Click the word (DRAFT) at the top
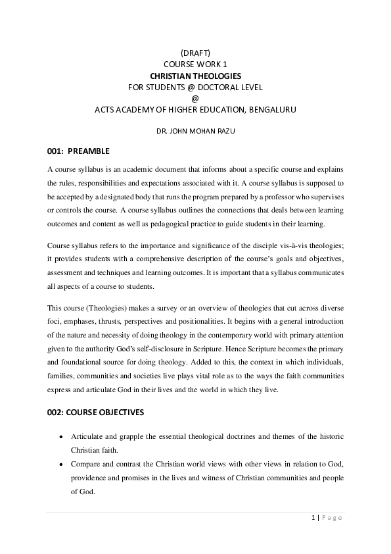[195, 53]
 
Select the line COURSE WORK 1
[195, 64]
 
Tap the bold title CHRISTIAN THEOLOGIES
[195, 76]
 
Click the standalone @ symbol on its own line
[195, 98]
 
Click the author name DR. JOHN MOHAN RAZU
[195, 131]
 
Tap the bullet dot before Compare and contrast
[61, 464]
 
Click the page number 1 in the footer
[313, 518]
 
